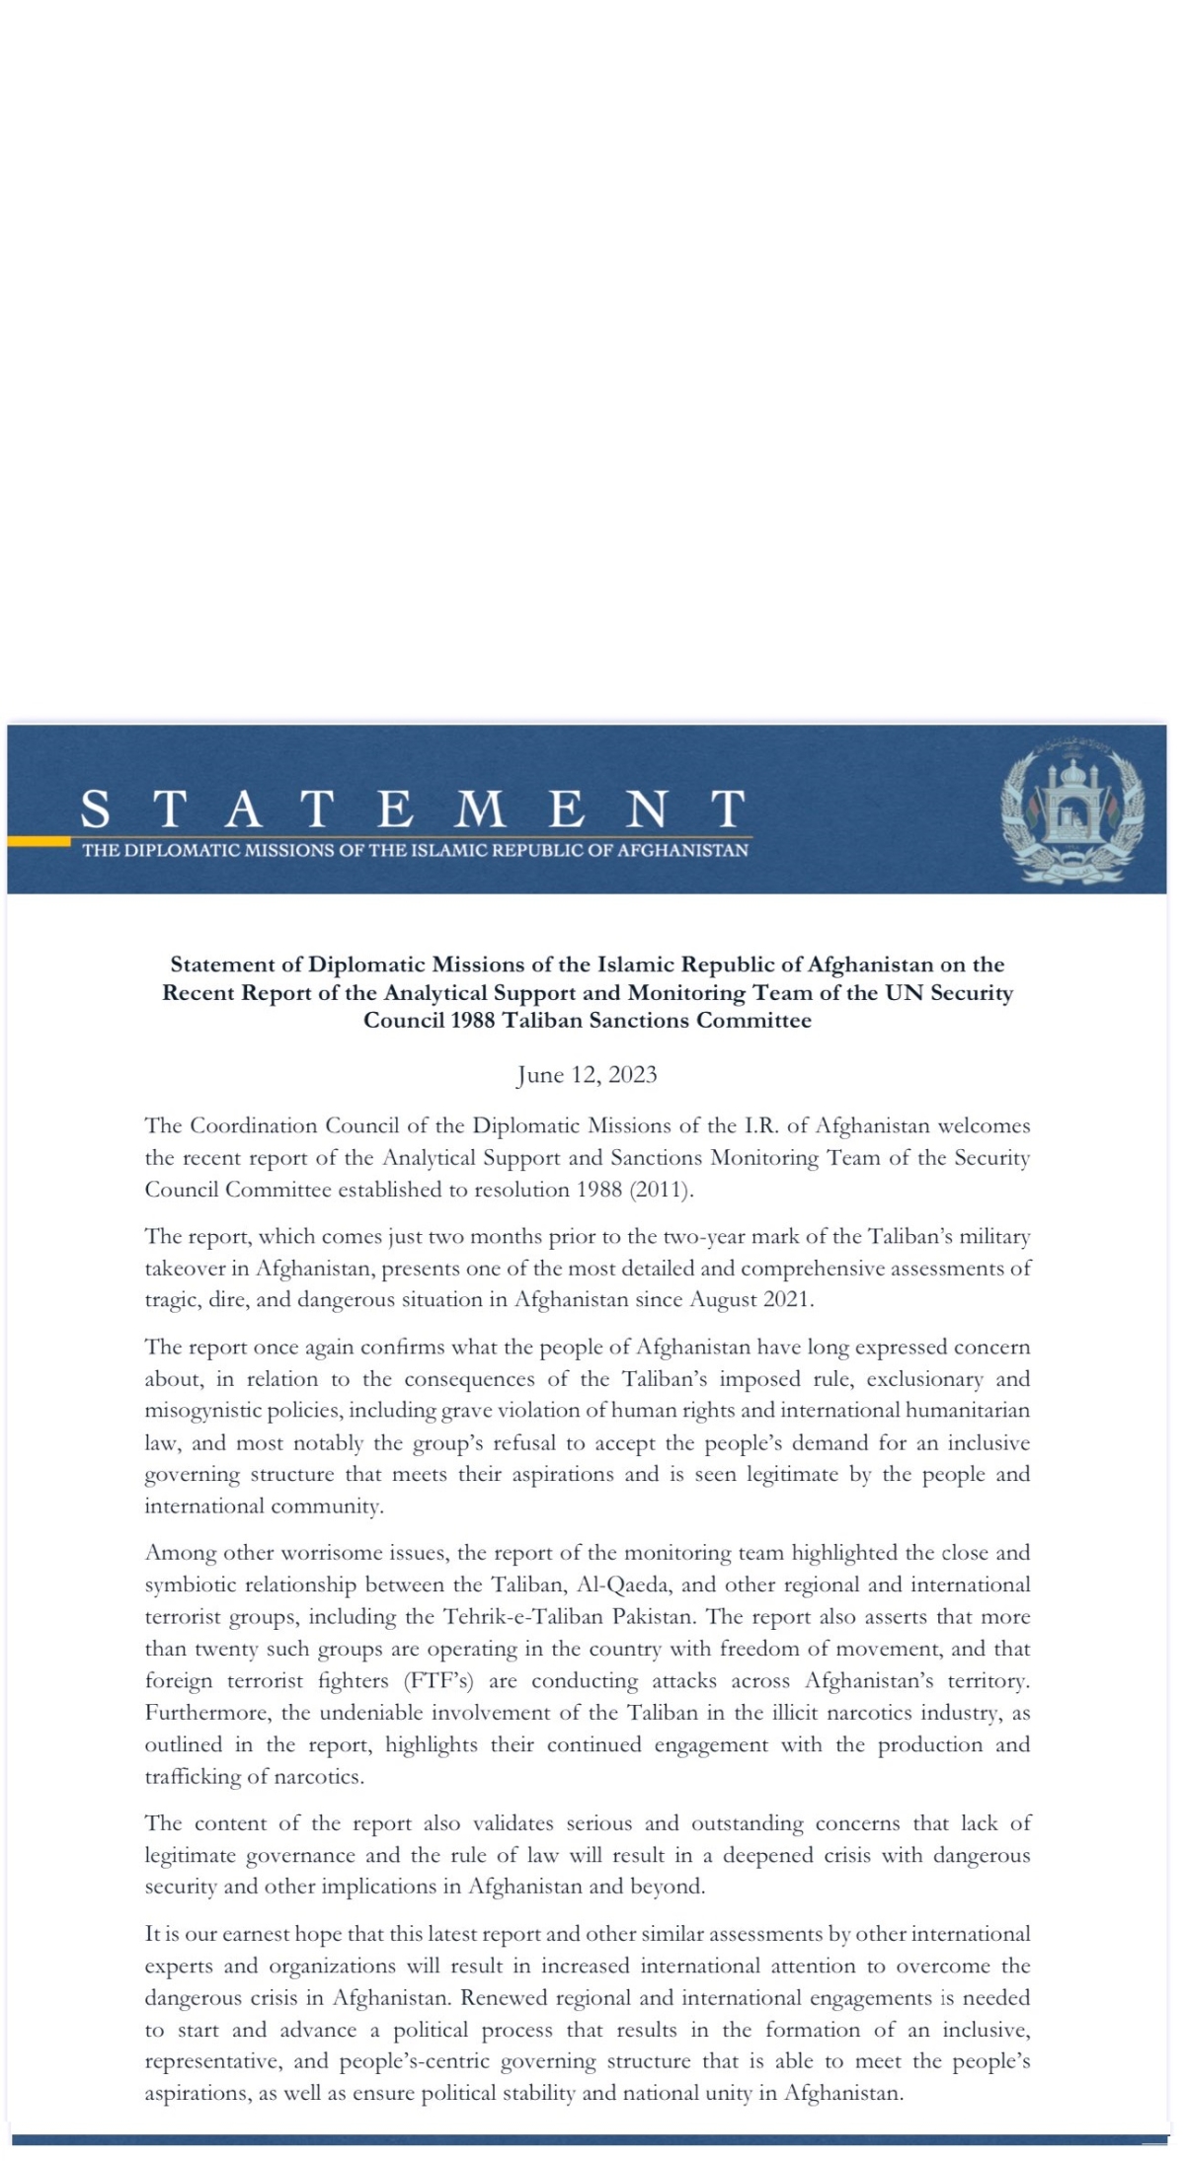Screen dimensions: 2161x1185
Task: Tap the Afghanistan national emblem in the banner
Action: tap(1072, 809)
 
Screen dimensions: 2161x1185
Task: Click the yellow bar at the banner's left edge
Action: tap(39, 842)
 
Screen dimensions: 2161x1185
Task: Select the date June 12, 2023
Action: tap(587, 1075)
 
